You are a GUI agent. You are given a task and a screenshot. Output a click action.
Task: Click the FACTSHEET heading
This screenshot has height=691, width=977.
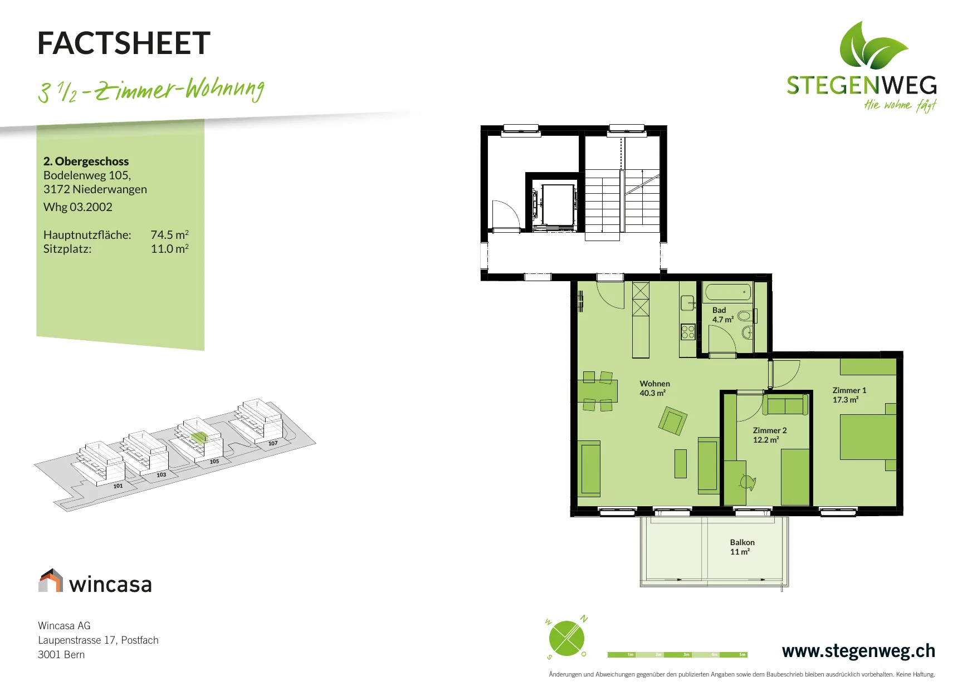point(124,43)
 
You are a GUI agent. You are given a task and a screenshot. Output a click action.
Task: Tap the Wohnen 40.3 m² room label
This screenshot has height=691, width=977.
point(654,388)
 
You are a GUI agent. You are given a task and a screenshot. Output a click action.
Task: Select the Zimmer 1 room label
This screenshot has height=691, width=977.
point(849,395)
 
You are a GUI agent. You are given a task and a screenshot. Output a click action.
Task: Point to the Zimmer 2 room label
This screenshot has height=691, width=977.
point(770,435)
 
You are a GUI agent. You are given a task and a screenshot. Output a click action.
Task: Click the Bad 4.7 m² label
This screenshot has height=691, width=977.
point(723,315)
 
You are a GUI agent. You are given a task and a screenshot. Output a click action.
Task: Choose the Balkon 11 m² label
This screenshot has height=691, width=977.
point(742,547)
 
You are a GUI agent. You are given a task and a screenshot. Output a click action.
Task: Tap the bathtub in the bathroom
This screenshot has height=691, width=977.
point(728,292)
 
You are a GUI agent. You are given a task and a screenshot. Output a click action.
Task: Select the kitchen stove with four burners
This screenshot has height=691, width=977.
point(688,332)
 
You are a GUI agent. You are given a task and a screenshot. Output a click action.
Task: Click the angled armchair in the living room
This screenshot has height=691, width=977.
point(673,420)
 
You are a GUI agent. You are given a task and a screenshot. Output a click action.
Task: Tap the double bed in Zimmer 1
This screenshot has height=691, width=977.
point(868,437)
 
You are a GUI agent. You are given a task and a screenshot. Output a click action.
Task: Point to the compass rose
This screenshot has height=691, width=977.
point(567,638)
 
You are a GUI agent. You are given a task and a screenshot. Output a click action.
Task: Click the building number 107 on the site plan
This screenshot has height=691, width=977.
point(273,443)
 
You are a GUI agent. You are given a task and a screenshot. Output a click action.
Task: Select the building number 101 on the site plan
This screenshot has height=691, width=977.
point(118,486)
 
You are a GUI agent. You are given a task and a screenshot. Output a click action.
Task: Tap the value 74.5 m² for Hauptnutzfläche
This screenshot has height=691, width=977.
point(169,235)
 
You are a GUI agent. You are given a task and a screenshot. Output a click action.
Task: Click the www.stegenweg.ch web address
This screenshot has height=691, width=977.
point(858,651)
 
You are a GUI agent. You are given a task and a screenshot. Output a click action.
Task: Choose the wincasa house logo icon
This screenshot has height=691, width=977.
point(51,580)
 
